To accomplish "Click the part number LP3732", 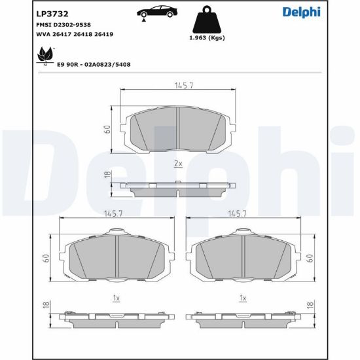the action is (x=52, y=14).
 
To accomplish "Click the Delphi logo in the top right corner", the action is (x=302, y=12).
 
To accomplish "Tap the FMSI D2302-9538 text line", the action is (x=63, y=25).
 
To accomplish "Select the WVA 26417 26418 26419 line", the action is (x=75, y=34).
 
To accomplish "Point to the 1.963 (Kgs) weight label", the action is (x=207, y=38).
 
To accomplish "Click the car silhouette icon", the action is (x=157, y=12).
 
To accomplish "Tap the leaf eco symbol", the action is (x=45, y=56).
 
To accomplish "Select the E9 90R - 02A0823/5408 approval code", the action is (x=94, y=65).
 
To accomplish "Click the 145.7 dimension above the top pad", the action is (x=184, y=85).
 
